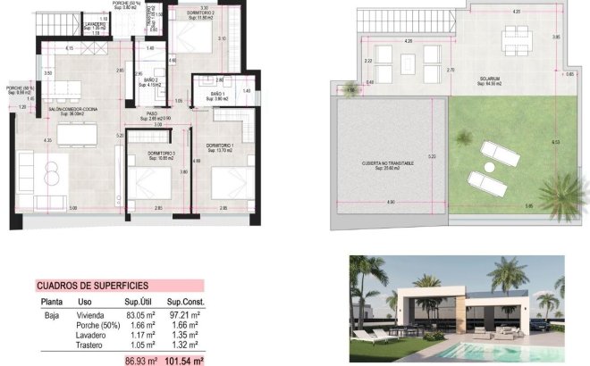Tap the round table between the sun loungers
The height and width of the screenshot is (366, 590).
point(489,166)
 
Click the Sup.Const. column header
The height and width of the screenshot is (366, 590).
point(187,302)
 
